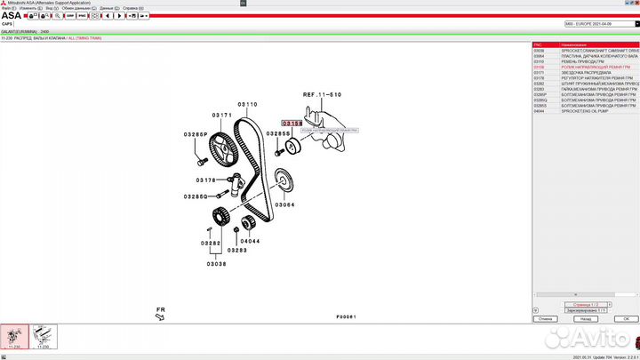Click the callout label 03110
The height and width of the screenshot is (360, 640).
pos(247,105)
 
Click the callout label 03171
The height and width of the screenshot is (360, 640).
pos(221,116)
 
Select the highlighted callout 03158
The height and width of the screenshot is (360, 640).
pos(292,124)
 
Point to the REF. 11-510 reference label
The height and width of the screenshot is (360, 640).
pos(321,93)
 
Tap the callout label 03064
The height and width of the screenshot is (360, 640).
pos(284,204)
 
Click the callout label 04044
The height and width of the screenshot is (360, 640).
pos(250,240)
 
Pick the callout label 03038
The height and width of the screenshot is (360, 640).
pos(216,263)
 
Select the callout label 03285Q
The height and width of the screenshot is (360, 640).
pos(196,196)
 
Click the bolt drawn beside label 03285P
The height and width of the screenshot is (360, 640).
pos(203,161)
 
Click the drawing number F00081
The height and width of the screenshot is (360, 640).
pos(346,316)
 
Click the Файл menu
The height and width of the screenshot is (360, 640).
pos(7,7)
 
